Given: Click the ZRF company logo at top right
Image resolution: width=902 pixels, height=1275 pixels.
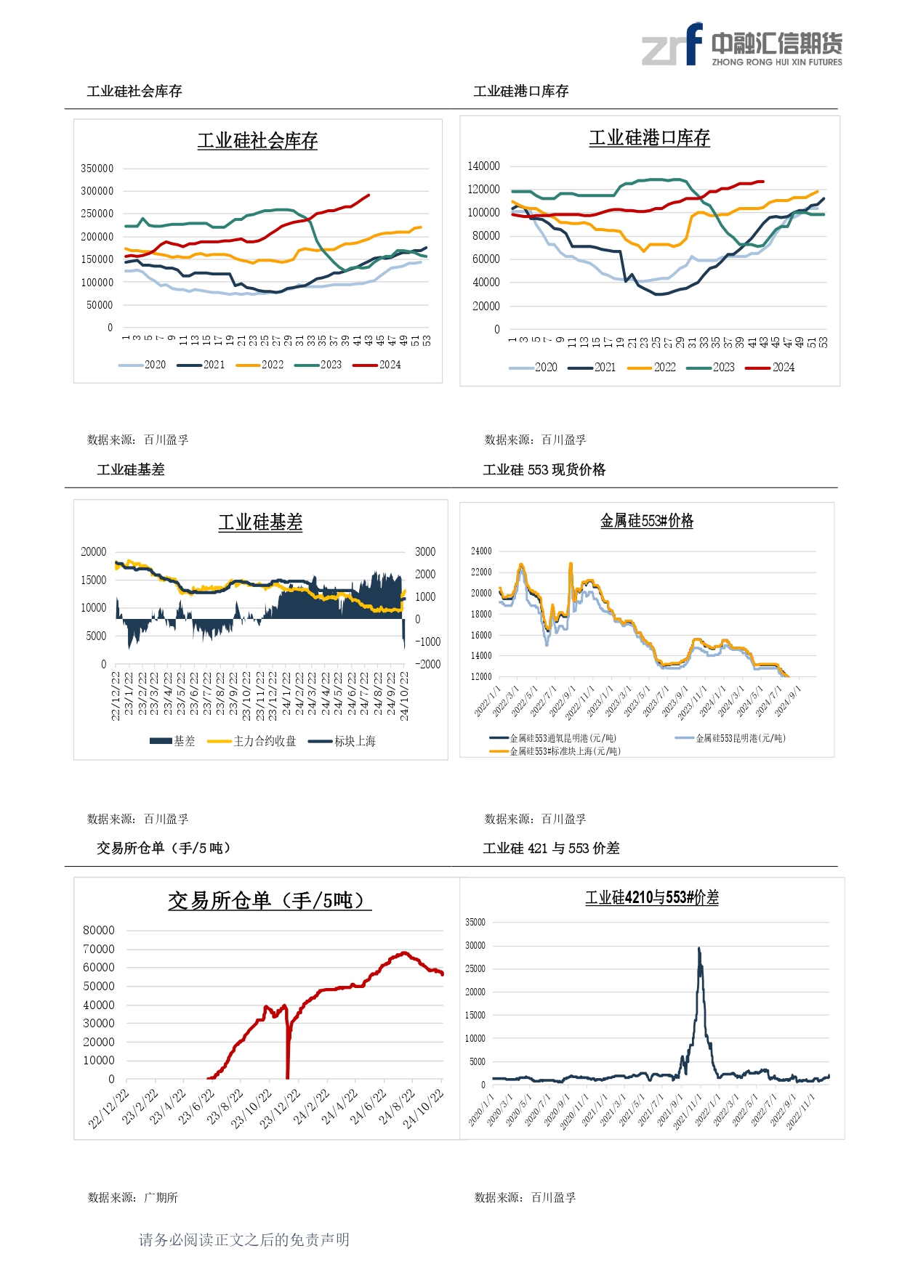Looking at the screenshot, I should tap(741, 45).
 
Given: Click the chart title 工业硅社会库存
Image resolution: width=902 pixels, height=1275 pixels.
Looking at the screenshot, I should tap(257, 140).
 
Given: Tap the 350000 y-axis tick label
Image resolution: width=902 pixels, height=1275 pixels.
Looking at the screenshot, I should tap(97, 169).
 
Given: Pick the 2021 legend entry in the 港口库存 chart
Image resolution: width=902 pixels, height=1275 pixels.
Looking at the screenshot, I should tap(592, 368).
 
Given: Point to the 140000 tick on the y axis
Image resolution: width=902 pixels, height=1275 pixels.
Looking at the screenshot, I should tap(483, 166).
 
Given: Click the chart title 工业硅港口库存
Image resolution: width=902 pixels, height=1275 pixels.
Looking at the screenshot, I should tap(649, 138).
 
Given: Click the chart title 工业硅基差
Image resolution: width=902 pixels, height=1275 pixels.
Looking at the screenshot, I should tap(260, 522).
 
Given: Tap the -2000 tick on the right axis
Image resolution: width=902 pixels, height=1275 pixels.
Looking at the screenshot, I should tap(427, 664).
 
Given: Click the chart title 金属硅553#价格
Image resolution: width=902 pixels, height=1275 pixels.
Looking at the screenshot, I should tap(646, 521).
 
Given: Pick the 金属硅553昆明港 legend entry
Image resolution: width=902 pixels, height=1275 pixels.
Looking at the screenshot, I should tap(730, 738).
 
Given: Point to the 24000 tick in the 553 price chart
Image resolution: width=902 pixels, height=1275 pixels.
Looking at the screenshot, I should tap(481, 551).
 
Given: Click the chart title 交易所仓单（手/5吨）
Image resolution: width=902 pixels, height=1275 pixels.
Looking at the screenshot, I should tap(269, 901).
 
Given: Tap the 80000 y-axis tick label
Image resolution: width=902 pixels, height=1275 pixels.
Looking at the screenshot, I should tap(99, 931).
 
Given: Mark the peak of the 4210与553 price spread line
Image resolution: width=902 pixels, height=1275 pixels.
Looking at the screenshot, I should tap(698, 948).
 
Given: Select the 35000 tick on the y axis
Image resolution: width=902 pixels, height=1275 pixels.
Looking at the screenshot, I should tap(475, 923).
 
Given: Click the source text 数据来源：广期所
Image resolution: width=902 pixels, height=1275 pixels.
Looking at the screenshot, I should tap(133, 1197).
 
